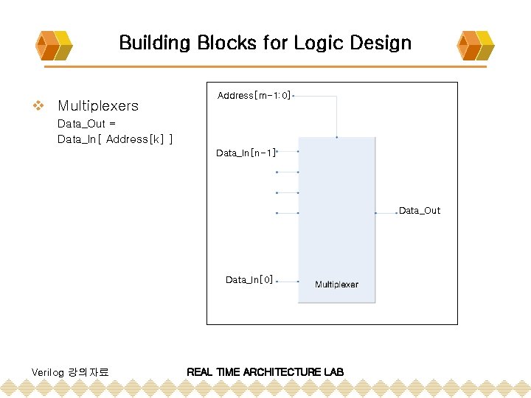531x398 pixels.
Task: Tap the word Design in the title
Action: point(382,43)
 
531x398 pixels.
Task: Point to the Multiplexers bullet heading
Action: point(97,106)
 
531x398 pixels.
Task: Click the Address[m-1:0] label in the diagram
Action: point(254,96)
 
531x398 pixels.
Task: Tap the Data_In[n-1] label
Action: point(246,153)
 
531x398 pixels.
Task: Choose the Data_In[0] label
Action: point(249,280)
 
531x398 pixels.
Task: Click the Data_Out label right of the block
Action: point(419,211)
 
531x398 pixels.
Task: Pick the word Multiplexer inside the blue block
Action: point(336,284)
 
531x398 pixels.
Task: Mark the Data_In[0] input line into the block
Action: point(287,282)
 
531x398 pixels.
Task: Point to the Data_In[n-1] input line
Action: point(287,152)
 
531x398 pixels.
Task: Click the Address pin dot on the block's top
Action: point(337,136)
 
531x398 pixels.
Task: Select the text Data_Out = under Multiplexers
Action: point(86,124)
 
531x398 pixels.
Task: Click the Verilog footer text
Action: point(70,372)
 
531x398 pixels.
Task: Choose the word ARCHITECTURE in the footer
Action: point(282,371)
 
